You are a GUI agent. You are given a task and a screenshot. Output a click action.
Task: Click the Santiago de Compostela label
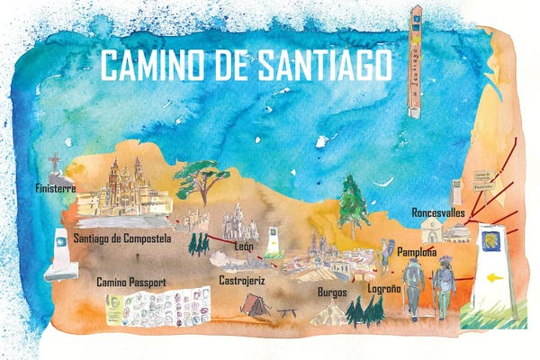click(122, 238)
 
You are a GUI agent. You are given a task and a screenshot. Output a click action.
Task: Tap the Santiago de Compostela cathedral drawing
click(126, 189)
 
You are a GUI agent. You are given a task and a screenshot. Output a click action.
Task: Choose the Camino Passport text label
click(136, 282)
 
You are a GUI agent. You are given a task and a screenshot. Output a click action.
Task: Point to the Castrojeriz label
click(243, 280)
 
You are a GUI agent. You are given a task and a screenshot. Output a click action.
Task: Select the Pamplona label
click(417, 253)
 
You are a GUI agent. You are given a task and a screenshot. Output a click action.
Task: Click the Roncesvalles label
click(438, 212)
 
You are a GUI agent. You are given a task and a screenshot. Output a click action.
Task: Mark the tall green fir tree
click(355, 202)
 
